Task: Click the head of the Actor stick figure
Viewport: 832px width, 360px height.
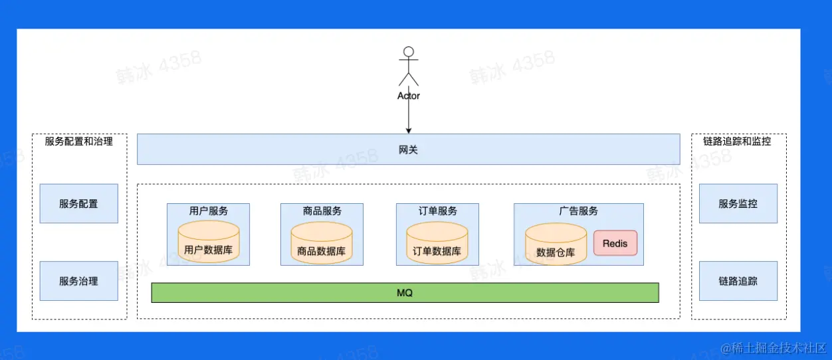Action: [409, 52]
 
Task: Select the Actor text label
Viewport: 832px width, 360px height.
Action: [409, 96]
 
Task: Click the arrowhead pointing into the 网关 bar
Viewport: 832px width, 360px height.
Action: [409, 131]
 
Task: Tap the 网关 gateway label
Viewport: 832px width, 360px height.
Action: [408, 149]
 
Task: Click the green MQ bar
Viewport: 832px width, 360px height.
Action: [405, 293]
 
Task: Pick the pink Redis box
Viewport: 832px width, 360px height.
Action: [615, 243]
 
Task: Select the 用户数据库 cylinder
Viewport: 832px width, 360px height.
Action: [209, 242]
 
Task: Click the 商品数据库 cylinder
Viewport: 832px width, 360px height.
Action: [322, 242]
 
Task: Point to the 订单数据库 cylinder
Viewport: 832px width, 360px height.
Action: [437, 242]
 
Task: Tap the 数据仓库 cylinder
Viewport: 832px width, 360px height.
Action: [556, 244]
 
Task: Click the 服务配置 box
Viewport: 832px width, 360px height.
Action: [78, 203]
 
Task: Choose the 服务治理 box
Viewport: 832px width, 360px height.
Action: [78, 281]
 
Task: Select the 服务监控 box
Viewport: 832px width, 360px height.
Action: [738, 203]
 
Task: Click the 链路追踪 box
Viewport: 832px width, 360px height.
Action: [738, 281]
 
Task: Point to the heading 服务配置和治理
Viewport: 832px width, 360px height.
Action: [78, 141]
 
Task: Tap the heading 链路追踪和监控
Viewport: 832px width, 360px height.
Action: [737, 141]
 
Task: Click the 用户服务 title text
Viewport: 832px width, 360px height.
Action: [209, 211]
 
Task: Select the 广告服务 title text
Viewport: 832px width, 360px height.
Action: [578, 211]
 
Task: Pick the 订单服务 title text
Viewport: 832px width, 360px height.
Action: [437, 211]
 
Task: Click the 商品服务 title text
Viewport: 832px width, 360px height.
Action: [322, 211]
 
